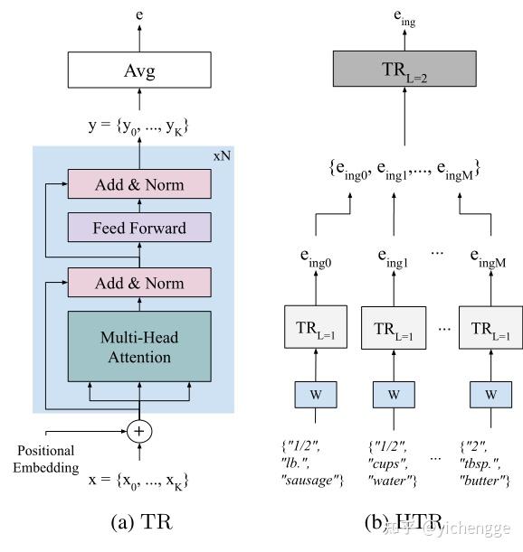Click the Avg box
pos(138,70)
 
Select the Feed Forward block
pos(138,228)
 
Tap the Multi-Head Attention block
pos(138,346)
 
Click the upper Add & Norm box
pos(138,184)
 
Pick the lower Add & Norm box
pos(138,283)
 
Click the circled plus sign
pos(138,431)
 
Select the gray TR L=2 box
pos(404,70)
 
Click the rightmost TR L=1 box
pos(490,327)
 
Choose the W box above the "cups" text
pos(393,394)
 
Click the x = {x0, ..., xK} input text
pos(138,481)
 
